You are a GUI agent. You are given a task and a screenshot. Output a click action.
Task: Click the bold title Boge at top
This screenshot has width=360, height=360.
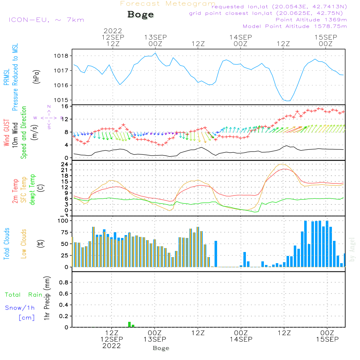(140, 15)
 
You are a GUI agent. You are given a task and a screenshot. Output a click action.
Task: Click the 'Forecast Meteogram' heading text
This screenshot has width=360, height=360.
(168, 4)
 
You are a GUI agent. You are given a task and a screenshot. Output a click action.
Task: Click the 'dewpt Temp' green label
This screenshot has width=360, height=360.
(33, 190)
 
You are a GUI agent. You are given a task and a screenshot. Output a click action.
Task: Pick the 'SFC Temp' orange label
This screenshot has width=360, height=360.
(24, 190)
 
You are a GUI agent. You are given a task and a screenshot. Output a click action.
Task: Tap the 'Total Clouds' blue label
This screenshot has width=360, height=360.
(6, 243)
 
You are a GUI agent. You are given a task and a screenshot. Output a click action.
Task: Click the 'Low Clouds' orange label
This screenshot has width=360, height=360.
(24, 243)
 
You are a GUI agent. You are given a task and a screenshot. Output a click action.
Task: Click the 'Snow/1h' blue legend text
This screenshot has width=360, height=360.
(20, 308)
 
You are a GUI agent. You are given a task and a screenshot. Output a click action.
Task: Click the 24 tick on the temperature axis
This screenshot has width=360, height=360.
(64, 164)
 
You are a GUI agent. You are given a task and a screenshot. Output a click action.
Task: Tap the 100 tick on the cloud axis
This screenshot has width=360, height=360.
(63, 221)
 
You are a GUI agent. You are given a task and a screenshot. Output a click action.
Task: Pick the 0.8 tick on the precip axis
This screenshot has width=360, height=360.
(63, 283)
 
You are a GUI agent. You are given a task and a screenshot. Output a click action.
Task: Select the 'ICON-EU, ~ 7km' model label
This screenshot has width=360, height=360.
(46, 20)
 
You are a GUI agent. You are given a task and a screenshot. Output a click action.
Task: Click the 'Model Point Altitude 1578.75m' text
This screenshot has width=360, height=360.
(294, 26)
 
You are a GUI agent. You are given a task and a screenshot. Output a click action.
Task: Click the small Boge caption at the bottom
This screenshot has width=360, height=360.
(161, 348)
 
